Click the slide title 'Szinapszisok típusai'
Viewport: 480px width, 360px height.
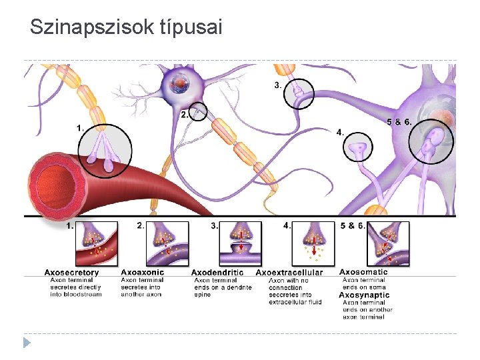126,27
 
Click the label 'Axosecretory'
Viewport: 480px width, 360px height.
71,272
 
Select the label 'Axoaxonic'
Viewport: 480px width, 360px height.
142,272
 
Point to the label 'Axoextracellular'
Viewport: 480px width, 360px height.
289,273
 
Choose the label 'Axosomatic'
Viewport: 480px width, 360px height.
363,272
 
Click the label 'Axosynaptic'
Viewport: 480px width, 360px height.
364,295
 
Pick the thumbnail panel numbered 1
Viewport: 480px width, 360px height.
97,244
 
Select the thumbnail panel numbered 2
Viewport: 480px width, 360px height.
167,244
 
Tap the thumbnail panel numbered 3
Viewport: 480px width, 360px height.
240,244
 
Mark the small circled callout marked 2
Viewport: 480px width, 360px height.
198,113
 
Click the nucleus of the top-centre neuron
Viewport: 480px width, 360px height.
181,83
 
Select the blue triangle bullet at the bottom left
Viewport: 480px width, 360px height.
27,343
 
